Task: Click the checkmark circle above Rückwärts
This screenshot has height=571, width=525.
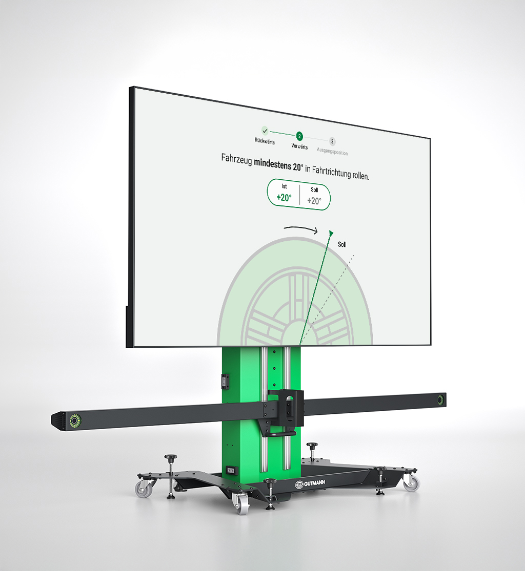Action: click(265, 131)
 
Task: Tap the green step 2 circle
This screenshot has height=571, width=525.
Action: click(299, 136)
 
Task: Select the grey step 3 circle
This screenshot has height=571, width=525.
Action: click(332, 141)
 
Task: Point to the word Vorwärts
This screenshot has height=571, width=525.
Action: click(299, 146)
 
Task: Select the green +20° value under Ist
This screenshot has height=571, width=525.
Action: click(284, 198)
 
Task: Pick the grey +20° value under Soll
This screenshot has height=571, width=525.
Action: click(314, 201)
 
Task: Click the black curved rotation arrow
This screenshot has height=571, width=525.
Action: click(301, 229)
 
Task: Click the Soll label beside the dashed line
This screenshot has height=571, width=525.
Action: click(342, 245)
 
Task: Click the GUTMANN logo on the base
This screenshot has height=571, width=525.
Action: click(310, 483)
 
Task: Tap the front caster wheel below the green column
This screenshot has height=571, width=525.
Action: click(240, 504)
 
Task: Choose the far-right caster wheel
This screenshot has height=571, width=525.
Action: click(411, 482)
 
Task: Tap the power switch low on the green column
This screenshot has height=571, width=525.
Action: click(230, 470)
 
